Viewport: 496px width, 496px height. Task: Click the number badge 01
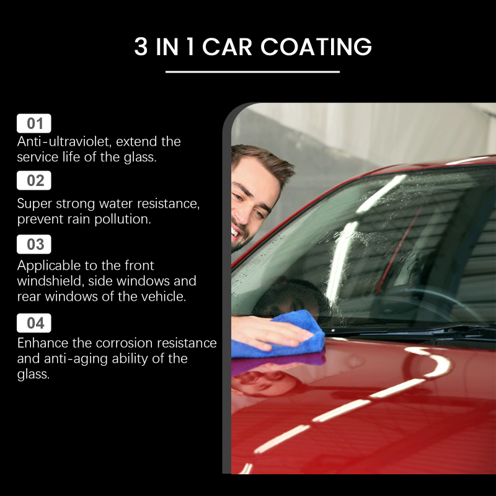35,123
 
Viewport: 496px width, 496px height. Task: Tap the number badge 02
35,180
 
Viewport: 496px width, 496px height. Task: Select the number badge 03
35,244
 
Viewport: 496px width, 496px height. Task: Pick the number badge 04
35,322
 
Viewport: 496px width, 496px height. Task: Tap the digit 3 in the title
141,48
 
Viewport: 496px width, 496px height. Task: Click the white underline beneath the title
252,72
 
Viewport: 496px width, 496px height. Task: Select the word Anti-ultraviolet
61,141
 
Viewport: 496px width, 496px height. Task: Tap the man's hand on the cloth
267,332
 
